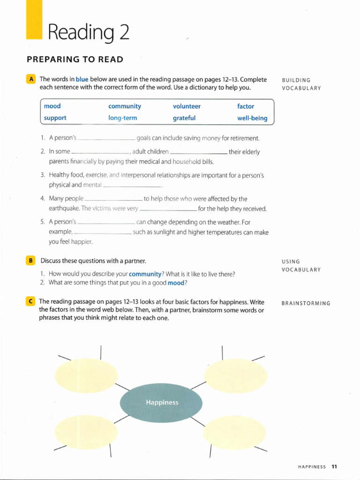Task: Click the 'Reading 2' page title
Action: pos(88,33)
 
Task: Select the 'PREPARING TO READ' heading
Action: pos(75,60)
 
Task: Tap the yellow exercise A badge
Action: pos(31,79)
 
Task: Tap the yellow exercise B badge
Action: pos(31,260)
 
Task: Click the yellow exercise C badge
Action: pos(31,301)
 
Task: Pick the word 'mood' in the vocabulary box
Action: pos(52,106)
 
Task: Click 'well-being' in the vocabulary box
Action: pos(252,118)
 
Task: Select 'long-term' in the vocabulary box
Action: pos(122,118)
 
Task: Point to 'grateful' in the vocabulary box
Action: pos(184,118)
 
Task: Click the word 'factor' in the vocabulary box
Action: pos(246,106)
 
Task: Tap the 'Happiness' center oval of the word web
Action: pos(161,402)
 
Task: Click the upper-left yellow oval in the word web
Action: pos(86,375)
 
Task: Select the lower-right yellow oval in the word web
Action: pos(236,432)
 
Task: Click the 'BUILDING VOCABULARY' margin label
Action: pos(301,84)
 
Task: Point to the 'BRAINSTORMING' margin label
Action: pos(306,303)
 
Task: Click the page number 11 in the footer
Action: pos(334,466)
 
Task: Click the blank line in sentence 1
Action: pos(106,139)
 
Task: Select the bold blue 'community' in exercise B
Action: pos(145,274)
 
